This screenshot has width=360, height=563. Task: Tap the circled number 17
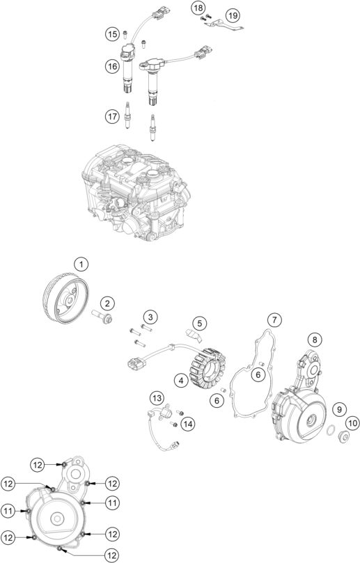tap(112, 117)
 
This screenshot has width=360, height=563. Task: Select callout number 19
tap(232, 15)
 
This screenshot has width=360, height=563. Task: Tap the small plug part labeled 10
tap(343, 437)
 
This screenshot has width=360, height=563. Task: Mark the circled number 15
tap(112, 33)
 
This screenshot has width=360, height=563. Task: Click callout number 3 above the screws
tap(149, 318)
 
